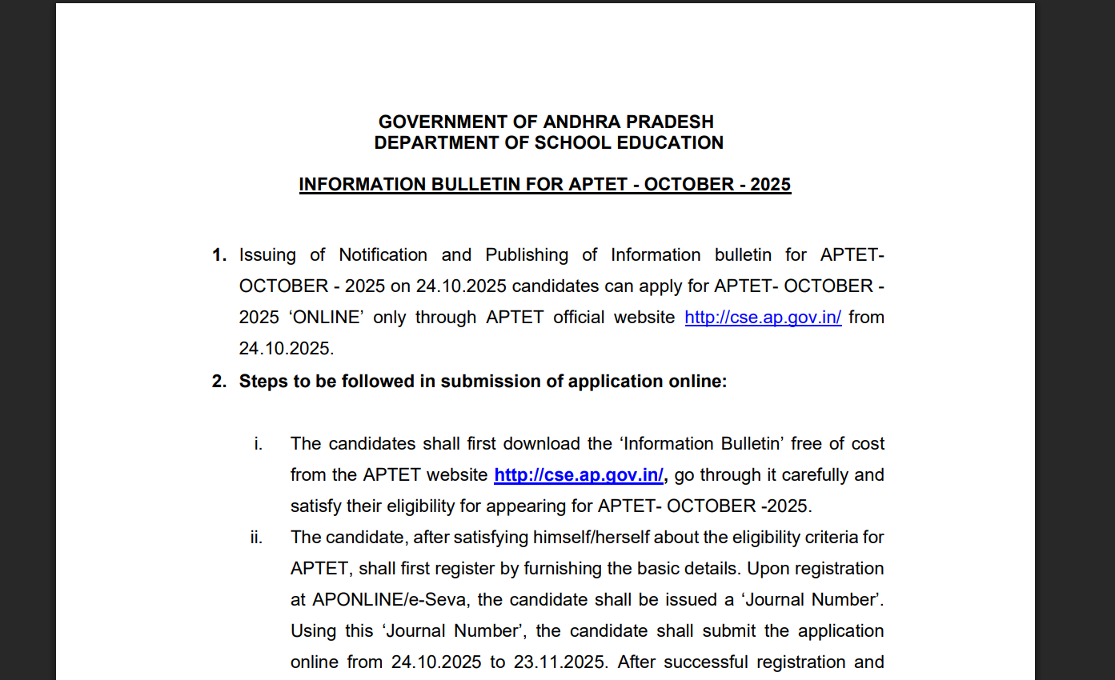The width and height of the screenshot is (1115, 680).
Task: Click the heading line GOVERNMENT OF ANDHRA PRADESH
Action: click(x=546, y=122)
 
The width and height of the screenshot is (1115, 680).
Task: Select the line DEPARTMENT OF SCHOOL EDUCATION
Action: click(x=548, y=143)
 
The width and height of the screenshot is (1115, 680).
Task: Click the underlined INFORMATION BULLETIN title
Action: click(x=544, y=185)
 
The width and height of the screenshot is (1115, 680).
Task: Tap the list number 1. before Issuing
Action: click(x=219, y=255)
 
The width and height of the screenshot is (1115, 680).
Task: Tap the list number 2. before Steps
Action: click(x=219, y=382)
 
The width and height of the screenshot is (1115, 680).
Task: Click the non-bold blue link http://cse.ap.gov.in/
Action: click(x=763, y=318)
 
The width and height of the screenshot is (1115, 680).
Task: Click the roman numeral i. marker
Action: click(x=259, y=444)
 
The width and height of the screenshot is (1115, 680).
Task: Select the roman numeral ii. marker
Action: click(x=256, y=538)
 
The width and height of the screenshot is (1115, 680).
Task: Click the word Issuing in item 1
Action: click(x=267, y=255)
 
